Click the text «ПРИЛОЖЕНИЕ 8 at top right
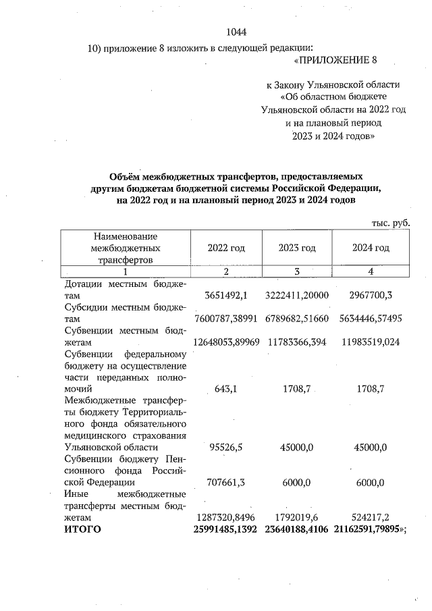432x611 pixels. pos(335,61)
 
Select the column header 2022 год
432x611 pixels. pos(226,248)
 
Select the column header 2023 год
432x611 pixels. pos(297,248)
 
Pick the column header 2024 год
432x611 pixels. pos(371,248)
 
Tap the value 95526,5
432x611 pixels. pos(226,447)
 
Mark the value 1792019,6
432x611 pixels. pos(297,517)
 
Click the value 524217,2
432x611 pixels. pos(371,517)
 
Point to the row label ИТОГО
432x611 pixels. pos(82,529)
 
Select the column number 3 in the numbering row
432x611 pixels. pos(297,271)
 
